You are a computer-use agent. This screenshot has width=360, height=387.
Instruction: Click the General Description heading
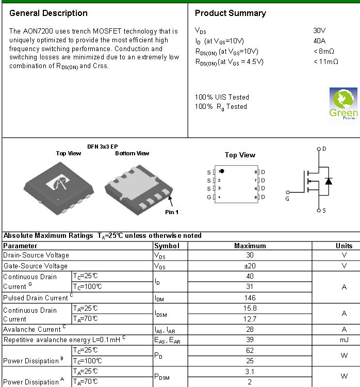pos(48,13)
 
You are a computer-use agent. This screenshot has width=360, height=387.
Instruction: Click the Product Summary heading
pos(231,13)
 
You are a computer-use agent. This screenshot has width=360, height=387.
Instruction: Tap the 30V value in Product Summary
pos(319,30)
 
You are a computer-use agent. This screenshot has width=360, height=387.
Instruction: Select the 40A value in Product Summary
pos(319,41)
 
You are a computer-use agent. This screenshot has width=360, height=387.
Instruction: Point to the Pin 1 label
pos(172,212)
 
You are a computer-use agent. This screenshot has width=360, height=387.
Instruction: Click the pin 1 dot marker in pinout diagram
pos(222,171)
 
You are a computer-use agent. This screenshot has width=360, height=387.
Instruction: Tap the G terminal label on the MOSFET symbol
pos(288,198)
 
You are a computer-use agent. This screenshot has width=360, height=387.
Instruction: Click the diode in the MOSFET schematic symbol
pos(328,181)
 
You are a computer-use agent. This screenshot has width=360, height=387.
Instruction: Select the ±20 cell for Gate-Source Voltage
pos(250,266)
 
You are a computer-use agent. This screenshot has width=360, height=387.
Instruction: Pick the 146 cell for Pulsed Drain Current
pos(250,298)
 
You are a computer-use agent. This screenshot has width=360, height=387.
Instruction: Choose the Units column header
pos(344,246)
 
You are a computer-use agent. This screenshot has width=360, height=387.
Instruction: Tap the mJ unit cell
pos(344,340)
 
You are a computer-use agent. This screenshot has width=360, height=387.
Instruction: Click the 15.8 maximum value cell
pos(250,308)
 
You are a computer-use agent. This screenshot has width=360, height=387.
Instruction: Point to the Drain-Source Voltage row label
pos(36,255)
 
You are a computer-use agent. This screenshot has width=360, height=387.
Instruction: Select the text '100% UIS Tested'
pos(222,97)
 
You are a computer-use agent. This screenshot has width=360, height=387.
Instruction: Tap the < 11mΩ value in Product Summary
pos(325,62)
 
